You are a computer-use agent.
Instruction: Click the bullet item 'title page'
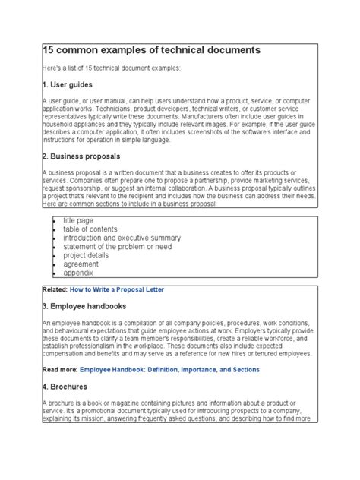pyautogui.click(x=80, y=219)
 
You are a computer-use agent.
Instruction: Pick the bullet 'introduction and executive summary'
pyautogui.click(x=122, y=237)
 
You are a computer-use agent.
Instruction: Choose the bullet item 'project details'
pyautogui.click(x=87, y=255)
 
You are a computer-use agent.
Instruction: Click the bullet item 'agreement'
pyautogui.click(x=81, y=264)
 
